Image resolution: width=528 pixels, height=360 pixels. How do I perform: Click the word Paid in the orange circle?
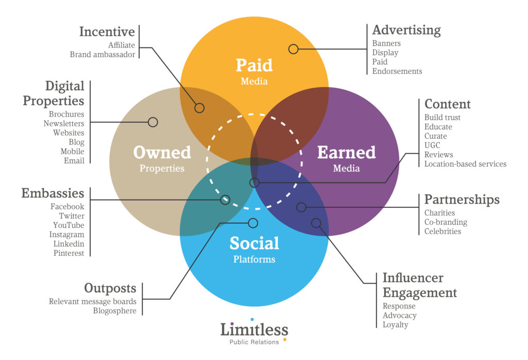(254, 65)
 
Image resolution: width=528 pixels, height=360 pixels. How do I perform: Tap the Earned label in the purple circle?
(346, 152)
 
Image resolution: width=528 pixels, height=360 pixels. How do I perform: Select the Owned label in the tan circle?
(162, 152)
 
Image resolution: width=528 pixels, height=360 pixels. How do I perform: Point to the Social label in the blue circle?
(254, 243)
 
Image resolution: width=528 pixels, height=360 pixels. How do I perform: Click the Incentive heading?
(107, 31)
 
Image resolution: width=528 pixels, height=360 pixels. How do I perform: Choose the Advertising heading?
(406, 30)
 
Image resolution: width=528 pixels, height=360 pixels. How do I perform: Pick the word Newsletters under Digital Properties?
(63, 123)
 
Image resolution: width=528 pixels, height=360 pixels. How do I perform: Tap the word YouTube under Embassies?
(69, 225)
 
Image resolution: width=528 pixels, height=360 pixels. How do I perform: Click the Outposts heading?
(110, 288)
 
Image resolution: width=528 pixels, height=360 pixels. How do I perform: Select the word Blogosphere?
(114, 310)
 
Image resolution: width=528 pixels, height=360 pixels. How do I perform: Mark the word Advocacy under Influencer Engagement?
(400, 315)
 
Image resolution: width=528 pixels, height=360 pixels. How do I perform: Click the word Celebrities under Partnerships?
(442, 231)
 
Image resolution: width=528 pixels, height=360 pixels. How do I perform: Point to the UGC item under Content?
(433, 145)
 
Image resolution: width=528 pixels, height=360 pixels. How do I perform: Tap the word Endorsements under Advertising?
(397, 71)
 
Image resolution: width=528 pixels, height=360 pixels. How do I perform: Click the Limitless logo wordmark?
(254, 330)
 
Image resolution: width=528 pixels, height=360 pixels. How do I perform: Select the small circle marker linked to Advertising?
(293, 49)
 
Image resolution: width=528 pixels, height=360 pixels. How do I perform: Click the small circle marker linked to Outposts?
(253, 223)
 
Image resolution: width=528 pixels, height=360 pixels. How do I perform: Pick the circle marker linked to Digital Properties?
(153, 122)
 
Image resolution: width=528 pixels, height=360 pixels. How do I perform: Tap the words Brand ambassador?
(103, 54)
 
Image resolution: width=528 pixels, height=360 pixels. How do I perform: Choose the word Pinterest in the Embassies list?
(69, 253)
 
